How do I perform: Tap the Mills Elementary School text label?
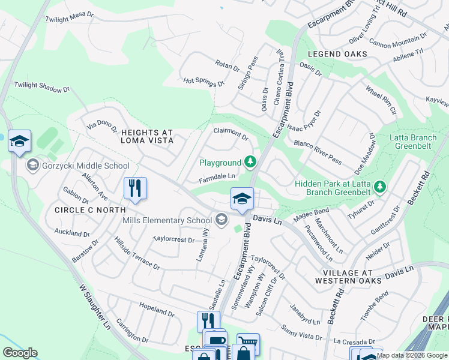coord(167,220)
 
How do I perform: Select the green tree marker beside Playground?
coord(250,162)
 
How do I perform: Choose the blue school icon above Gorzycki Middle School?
coord(19,141)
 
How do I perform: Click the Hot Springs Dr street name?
coord(203,82)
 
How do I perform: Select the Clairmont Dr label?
coord(232,133)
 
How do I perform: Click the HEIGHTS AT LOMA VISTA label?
coord(147,136)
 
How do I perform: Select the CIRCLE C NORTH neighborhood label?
coord(89,210)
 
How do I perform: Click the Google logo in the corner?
coord(20,353)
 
